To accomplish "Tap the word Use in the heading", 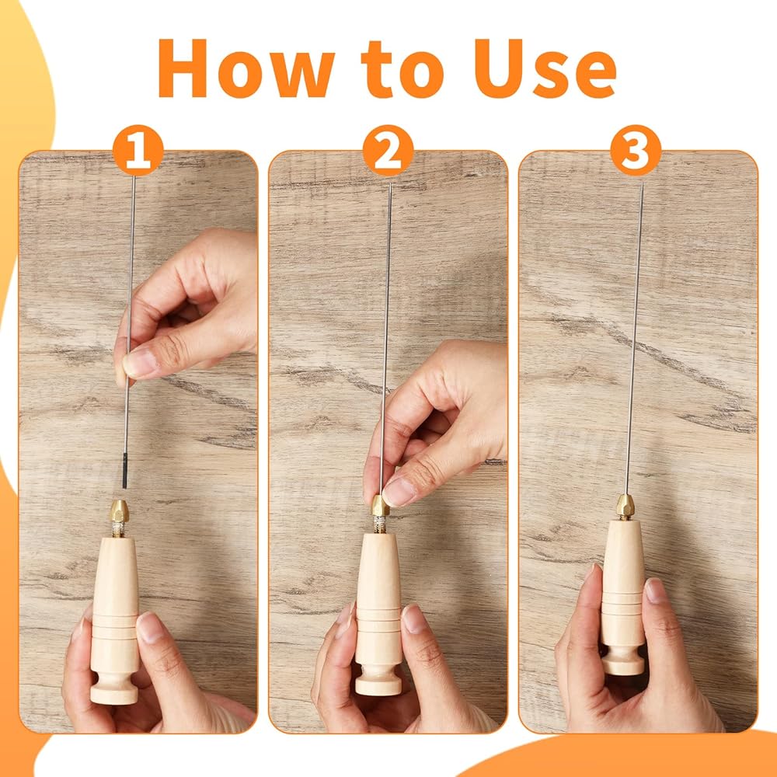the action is pos(545,68).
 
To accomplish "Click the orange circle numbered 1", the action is pos(138,150).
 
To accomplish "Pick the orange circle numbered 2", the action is pos(388,150).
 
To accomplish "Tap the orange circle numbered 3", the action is pos(636,150).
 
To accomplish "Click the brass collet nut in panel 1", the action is pos(119,511).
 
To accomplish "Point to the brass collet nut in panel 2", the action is pos(380,506).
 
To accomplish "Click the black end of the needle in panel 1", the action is pos(125,470).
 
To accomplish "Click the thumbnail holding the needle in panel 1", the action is pos(139,362).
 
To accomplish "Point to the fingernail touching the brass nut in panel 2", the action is pos(399,492).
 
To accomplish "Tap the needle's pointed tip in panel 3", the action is pos(643,183).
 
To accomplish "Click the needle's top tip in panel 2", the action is pos(391,186).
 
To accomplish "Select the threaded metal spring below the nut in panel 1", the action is pos(118,530).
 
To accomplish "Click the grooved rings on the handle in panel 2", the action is pos(378,620).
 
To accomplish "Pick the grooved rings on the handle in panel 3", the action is pos(623,604).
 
